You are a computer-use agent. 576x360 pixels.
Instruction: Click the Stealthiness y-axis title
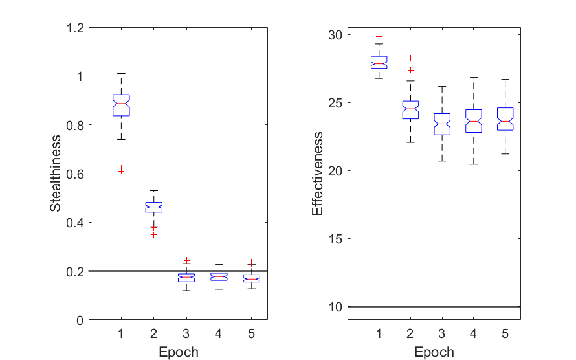click(x=56, y=174)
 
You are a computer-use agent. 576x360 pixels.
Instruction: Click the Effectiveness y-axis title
click(x=317, y=174)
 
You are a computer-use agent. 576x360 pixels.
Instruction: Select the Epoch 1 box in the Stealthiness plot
click(x=121, y=105)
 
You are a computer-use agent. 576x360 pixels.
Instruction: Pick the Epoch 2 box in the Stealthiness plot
click(x=153, y=207)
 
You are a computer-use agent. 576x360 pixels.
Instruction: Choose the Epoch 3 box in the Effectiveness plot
click(x=442, y=124)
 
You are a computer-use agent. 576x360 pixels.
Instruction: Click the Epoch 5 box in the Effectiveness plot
click(x=505, y=119)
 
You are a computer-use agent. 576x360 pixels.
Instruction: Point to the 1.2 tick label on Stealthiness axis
click(x=76, y=28)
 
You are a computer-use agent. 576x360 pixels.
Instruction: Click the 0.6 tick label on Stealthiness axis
click(x=76, y=174)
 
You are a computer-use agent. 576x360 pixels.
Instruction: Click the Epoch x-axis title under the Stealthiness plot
click(x=178, y=352)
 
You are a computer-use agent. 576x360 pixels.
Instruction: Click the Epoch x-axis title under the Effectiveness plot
click(x=434, y=352)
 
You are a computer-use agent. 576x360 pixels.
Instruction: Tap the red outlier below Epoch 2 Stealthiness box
click(x=154, y=234)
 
